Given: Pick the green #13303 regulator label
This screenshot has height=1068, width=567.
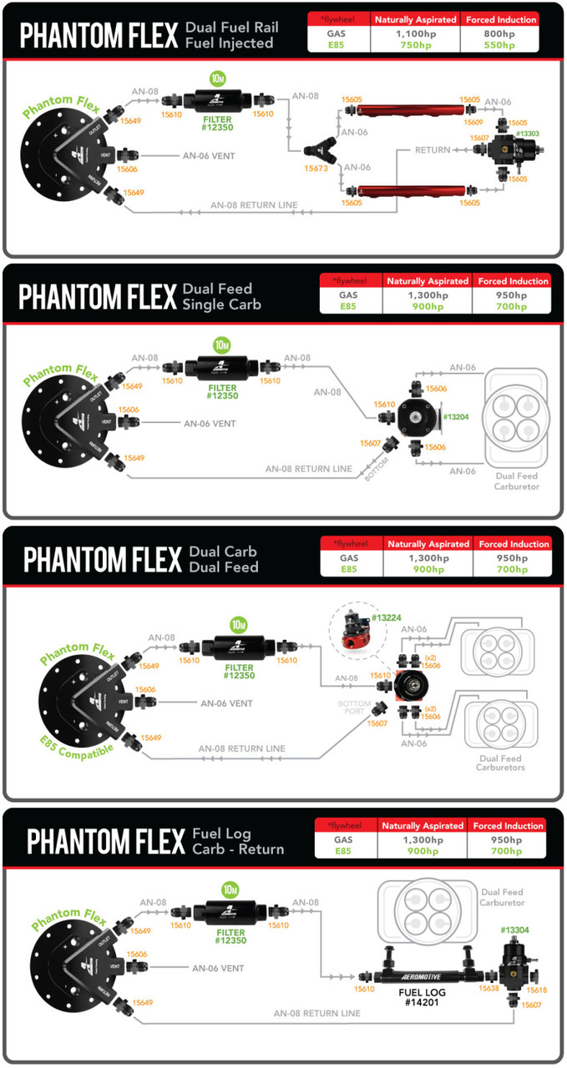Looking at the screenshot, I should (527, 133).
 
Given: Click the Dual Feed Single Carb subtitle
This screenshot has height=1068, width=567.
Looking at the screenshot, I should (222, 296).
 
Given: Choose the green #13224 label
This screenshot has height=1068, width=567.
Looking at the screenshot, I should (387, 617).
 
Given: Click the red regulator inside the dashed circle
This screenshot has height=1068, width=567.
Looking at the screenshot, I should (357, 632).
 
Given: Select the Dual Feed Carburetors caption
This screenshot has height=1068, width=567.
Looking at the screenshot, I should (502, 763).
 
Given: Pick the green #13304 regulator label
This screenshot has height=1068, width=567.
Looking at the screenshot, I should (514, 929).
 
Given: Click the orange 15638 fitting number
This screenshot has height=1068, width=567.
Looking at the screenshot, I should (489, 988).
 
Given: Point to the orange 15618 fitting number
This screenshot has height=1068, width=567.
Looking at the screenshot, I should (537, 990).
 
